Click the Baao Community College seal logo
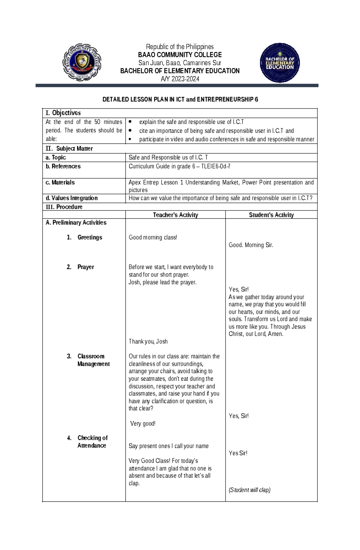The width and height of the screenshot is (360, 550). pos(82,62)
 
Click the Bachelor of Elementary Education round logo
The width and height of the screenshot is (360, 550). pos(280,63)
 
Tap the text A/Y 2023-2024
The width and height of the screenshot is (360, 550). pos(180,79)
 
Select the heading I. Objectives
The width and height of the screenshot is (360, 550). pos(63,113)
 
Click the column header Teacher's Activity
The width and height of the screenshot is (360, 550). pos(175,215)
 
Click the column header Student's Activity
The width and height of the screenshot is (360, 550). pos(271,215)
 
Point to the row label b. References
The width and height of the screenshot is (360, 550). pos(63,166)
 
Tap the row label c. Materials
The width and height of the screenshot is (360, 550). pos(60,183)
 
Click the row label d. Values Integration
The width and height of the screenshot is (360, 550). pos(71,198)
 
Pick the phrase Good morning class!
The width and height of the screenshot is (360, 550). pos(153,237)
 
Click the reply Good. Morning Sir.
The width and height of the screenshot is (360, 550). pos(251,245)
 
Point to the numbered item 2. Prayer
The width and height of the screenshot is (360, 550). pos(80,267)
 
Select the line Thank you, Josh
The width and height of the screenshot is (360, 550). pos(148,342)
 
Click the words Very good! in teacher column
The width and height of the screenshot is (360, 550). pos(143,424)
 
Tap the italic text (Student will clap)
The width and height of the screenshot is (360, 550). pos(249,490)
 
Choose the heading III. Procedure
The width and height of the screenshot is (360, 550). pos(64,207)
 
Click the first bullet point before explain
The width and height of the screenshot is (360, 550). pos(130,122)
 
